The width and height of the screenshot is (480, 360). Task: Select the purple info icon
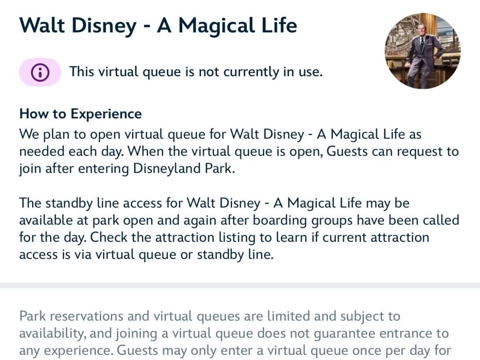click(x=40, y=72)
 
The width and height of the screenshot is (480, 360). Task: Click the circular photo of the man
click(x=422, y=51)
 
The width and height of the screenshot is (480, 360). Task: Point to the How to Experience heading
click(x=80, y=114)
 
